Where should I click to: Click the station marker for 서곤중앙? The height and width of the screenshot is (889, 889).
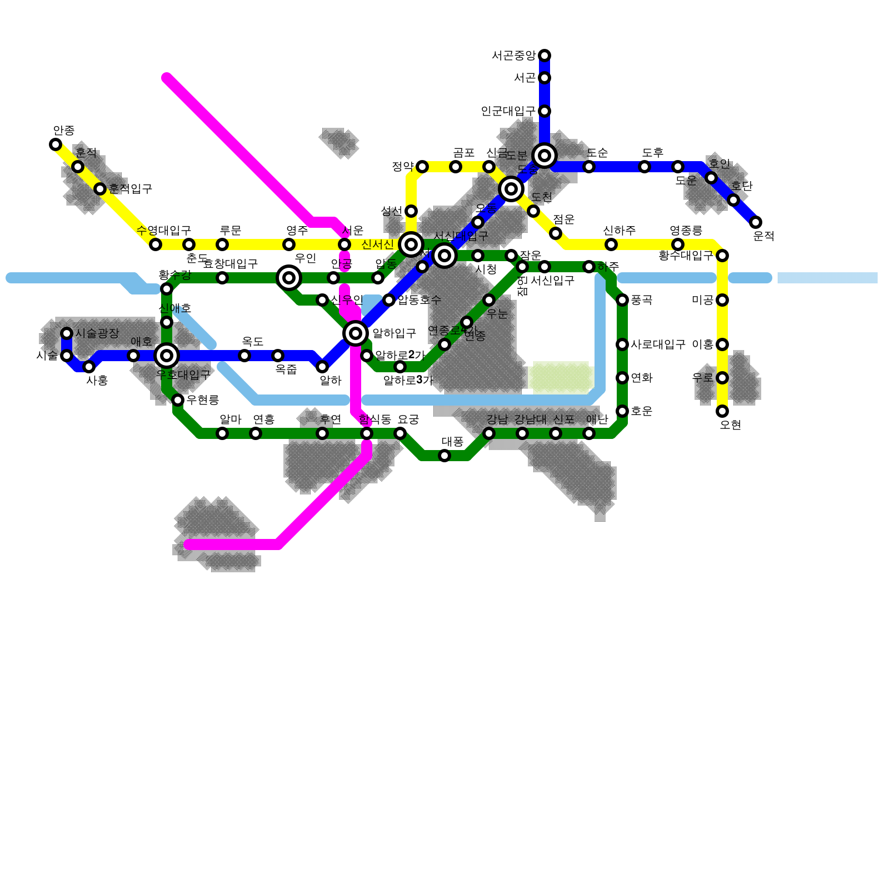545,55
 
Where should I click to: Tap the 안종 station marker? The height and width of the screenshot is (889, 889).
56,144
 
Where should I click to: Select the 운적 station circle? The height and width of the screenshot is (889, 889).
756,222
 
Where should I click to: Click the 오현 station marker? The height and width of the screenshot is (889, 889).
722,411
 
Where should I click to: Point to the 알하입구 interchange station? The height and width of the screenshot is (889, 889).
356,333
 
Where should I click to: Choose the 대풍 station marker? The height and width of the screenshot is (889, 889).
444,456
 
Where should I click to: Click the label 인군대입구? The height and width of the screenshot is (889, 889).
508,111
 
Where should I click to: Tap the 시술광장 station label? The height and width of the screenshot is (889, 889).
97,333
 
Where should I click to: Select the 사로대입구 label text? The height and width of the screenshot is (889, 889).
658,344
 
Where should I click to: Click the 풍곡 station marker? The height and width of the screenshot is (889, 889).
622,300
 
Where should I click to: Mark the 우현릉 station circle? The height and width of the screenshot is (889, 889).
178,400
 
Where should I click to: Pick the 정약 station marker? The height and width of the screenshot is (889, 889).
422,167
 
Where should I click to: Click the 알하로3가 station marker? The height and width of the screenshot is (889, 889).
400,367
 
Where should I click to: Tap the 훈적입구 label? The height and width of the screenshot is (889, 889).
130,189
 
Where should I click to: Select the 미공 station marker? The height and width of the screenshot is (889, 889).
722,300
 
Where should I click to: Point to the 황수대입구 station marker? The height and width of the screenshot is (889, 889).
722,256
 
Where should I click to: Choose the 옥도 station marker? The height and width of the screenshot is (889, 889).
244,356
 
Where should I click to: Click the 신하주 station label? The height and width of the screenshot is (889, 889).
619,231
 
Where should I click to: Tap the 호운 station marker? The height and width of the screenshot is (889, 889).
622,411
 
